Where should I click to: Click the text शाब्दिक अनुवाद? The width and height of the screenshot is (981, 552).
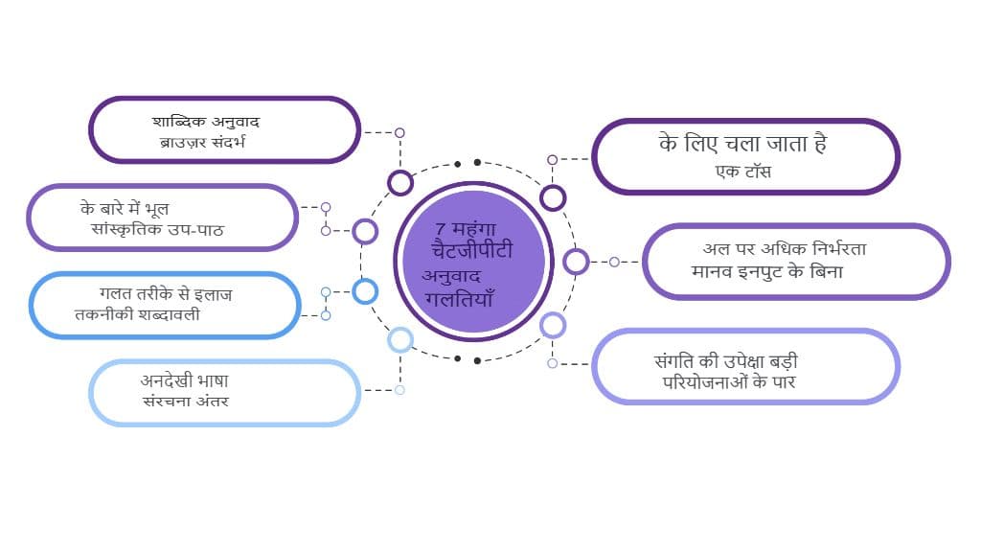pos(207,122)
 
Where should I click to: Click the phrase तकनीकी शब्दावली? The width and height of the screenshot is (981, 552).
pos(137,313)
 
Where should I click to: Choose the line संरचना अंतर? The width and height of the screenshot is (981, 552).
pos(184,401)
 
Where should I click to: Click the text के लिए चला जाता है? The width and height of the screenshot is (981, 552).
pos(742,145)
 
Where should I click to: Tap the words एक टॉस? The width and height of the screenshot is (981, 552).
pos(743,172)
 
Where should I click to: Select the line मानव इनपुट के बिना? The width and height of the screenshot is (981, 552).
pos(766,271)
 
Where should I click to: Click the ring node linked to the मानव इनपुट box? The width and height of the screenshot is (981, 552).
pos(576,261)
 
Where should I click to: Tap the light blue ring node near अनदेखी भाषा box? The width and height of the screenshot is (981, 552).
pos(400,339)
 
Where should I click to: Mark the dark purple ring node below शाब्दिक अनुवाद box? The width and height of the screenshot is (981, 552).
pos(400,182)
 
